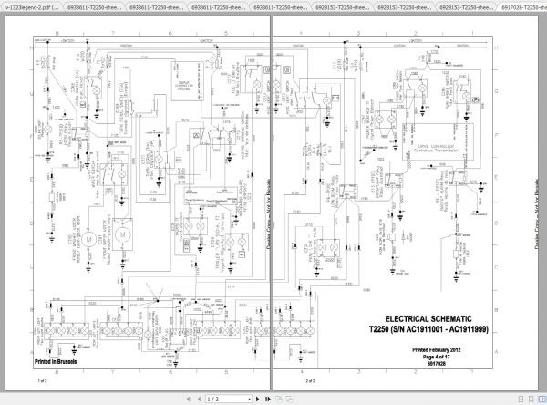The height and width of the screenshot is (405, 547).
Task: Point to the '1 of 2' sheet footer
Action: [42, 379]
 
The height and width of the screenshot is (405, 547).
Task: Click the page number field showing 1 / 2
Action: [214, 399]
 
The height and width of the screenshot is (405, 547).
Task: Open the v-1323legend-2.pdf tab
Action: [31, 5]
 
